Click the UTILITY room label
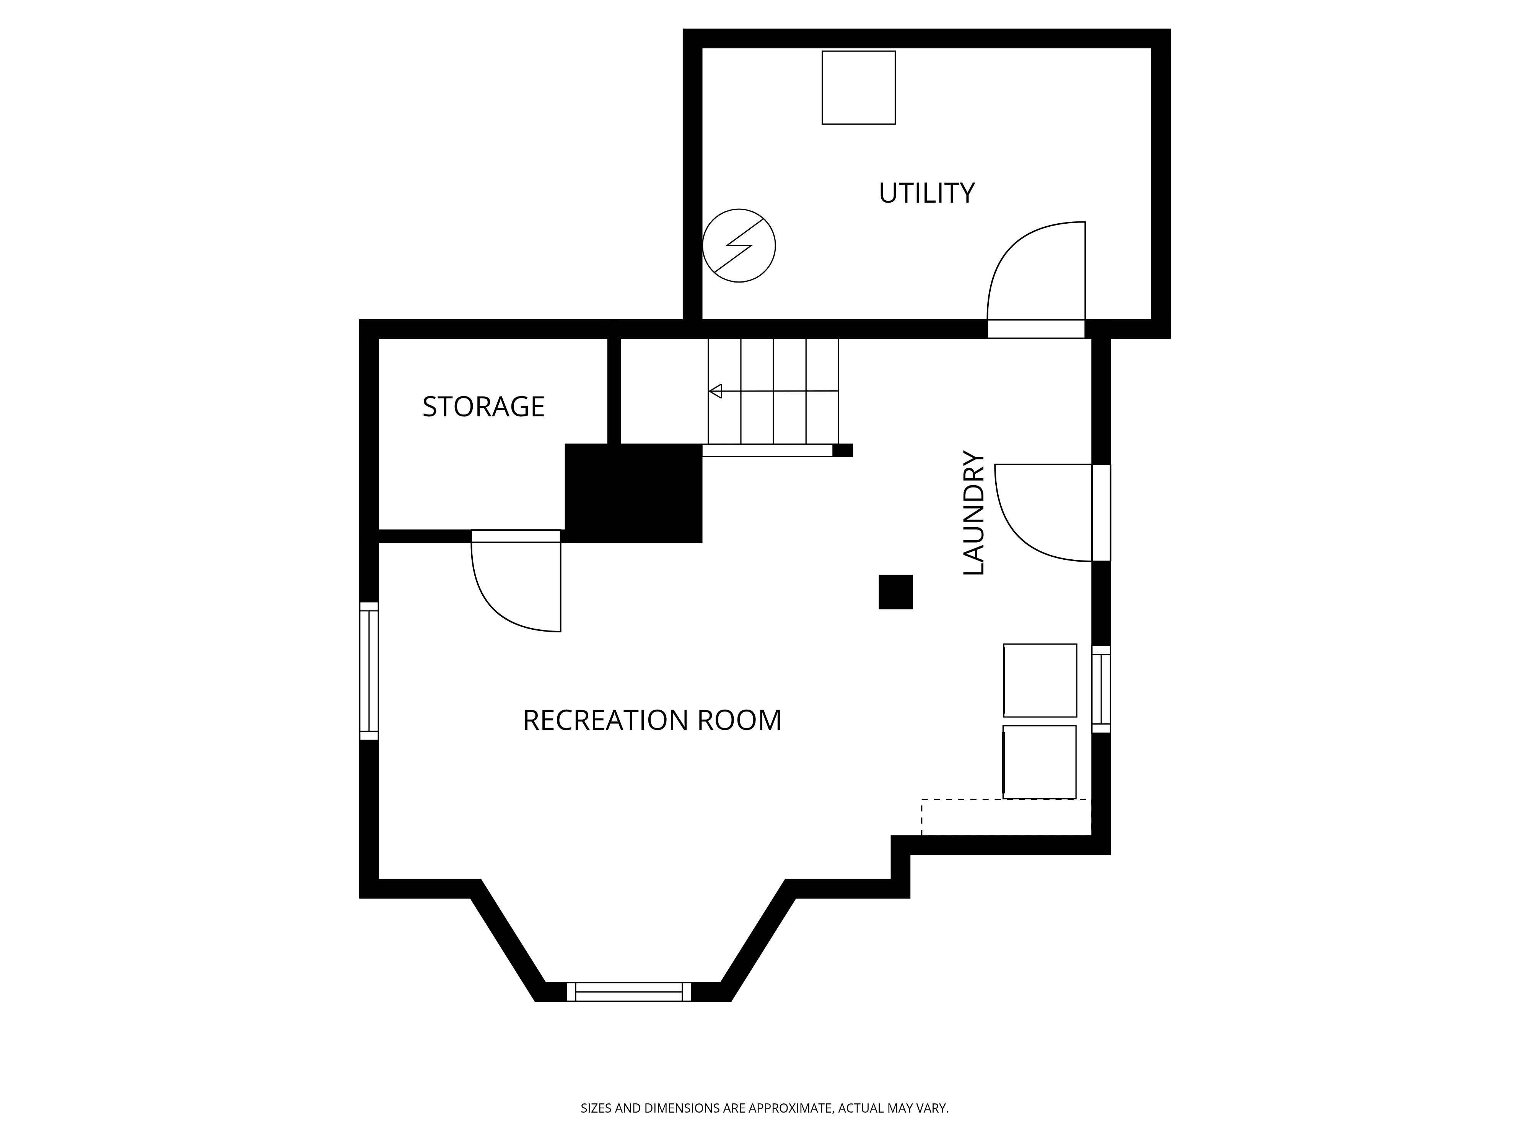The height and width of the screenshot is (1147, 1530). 926,193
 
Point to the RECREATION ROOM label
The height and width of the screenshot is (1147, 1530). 651,720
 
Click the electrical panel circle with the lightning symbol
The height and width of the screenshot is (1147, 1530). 739,245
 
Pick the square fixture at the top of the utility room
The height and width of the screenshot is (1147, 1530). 858,88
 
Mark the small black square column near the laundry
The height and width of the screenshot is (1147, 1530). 896,592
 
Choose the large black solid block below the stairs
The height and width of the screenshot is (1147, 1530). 633,493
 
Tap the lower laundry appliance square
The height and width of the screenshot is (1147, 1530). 1040,762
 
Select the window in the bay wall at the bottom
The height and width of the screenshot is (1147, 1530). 629,991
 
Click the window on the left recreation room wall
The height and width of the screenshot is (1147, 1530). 369,671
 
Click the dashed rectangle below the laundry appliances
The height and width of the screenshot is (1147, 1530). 1003,817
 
